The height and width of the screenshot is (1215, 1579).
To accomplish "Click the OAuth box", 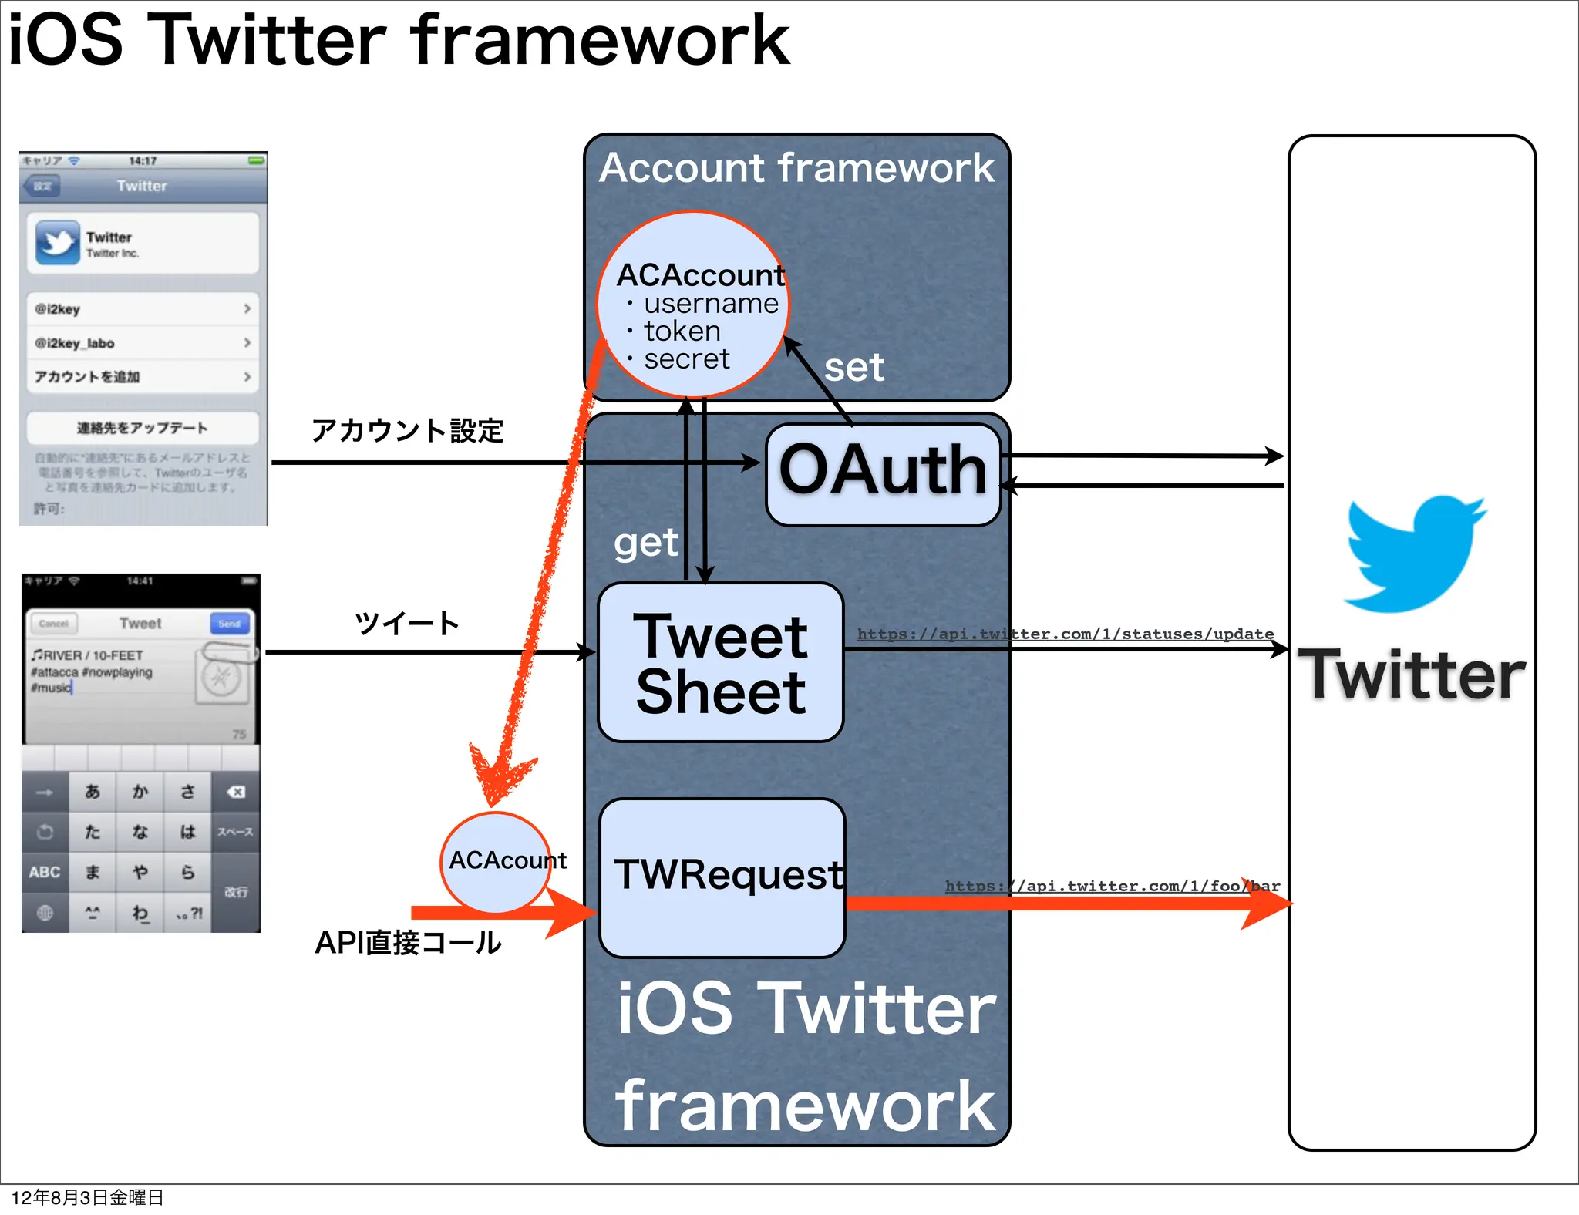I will pos(883,473).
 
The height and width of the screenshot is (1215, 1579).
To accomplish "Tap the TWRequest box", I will pos(722,877).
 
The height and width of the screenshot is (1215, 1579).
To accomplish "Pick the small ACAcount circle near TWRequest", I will pos(496,861).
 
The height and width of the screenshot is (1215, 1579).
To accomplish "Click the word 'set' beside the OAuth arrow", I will pos(853,368).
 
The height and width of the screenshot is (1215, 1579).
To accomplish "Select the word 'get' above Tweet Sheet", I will pos(645,544).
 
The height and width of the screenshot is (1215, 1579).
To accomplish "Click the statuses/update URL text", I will pos(1065,634).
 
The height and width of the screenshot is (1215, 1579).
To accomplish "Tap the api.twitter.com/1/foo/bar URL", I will pos(1112,886).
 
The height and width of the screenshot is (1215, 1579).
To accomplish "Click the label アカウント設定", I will pos(407,430).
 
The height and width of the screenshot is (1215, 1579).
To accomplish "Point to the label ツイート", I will pos(407,623).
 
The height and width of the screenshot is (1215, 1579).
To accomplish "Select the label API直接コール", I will pos(407,942).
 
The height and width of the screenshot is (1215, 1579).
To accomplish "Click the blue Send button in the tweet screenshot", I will pos(229,623).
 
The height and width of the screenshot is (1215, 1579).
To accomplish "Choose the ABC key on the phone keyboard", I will pos(45,872).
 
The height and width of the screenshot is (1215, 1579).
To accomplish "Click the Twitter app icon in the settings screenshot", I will pos(57,243).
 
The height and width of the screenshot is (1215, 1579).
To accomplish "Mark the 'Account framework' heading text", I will pos(796,168).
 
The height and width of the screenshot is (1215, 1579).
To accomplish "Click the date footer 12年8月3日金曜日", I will pos(87,1197).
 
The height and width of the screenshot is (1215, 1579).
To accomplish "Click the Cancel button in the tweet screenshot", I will pos(54,623).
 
